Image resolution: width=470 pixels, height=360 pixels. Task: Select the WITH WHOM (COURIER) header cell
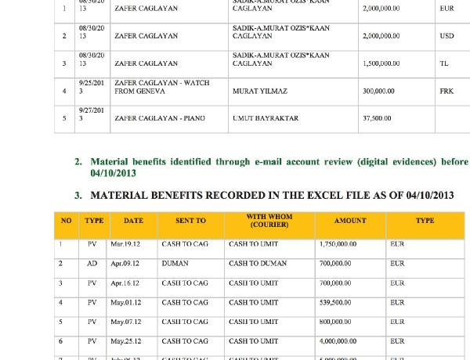pyautogui.click(x=269, y=221)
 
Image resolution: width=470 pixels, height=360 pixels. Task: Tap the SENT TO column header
pyautogui.click(x=190, y=221)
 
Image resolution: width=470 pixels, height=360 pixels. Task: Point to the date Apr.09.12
pyautogui.click(x=125, y=264)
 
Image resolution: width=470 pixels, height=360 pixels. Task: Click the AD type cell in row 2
pyautogui.click(x=92, y=264)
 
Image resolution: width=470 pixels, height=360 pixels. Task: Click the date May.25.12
pyautogui.click(x=125, y=341)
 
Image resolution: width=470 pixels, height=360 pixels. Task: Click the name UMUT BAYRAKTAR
pyautogui.click(x=266, y=118)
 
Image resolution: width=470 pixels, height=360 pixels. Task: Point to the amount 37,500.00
pyautogui.click(x=377, y=118)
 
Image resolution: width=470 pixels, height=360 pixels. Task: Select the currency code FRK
pyautogui.click(x=446, y=92)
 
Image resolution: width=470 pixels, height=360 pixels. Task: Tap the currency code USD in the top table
pyautogui.click(x=446, y=36)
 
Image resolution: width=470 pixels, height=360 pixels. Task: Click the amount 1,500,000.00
pyautogui.click(x=381, y=63)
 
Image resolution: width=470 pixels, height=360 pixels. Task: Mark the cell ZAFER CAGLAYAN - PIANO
pyautogui.click(x=160, y=118)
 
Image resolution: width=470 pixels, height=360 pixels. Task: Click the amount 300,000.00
pyautogui.click(x=379, y=92)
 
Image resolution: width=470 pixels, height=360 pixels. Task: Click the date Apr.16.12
pyautogui.click(x=125, y=283)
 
